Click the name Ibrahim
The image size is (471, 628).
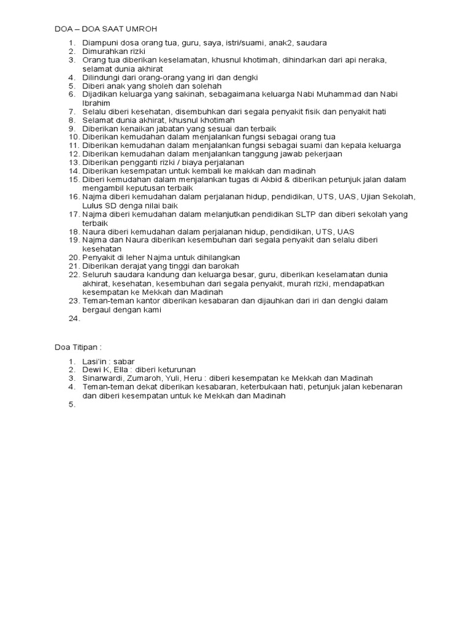click(x=96, y=103)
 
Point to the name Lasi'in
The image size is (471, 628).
click(x=96, y=361)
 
